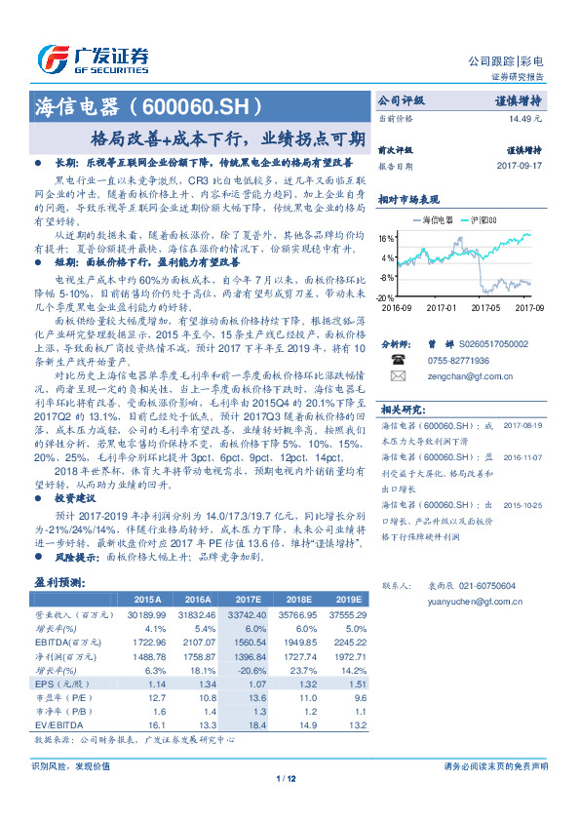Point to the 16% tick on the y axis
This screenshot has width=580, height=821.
point(387,237)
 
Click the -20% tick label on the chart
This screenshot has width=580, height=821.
point(386,296)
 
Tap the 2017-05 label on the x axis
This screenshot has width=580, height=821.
point(484,307)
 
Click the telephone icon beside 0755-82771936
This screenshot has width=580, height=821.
point(397,359)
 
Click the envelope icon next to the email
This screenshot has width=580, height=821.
point(397,374)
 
